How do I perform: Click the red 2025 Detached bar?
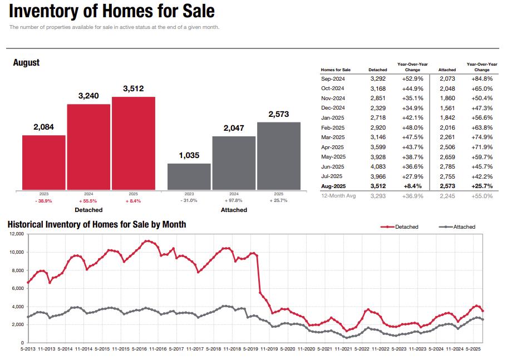click(134, 144)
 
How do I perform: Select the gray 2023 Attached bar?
click(189, 176)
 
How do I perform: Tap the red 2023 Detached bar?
click(44, 162)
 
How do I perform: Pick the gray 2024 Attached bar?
click(234, 162)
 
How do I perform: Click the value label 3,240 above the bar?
click(88, 96)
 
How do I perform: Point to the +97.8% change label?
click(234, 200)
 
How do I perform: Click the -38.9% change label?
click(43, 200)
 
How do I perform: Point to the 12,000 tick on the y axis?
click(16, 234)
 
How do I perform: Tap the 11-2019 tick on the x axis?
click(269, 349)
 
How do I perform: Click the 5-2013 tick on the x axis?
click(27, 349)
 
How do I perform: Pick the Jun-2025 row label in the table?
click(333, 167)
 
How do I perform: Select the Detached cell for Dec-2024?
click(378, 108)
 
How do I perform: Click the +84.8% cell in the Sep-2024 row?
click(482, 78)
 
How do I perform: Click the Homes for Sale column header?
click(336, 70)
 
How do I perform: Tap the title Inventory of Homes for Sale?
click(111, 11)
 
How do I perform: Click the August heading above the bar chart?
click(26, 63)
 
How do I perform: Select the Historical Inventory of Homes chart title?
click(97, 224)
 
